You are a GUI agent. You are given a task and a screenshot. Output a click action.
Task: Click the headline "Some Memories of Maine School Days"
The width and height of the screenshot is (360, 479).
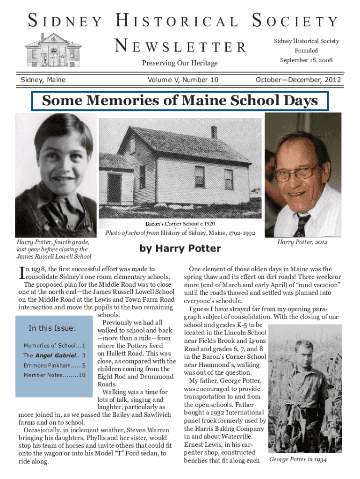click(x=180, y=101)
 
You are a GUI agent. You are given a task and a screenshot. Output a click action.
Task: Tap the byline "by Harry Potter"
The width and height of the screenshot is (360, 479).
click(x=180, y=248)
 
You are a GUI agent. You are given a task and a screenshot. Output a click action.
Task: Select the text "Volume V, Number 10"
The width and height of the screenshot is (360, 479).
click(x=183, y=80)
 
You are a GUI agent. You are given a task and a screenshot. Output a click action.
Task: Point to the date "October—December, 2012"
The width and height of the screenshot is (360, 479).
click(x=298, y=80)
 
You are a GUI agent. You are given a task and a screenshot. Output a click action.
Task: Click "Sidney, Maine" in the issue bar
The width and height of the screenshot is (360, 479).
click(x=43, y=80)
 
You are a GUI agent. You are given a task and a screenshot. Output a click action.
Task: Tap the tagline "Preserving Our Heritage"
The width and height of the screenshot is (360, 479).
click(x=180, y=63)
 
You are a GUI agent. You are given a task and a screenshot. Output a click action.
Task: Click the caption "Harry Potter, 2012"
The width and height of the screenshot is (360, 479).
click(x=302, y=242)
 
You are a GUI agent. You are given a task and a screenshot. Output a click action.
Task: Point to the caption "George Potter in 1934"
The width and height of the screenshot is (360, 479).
click(x=298, y=460)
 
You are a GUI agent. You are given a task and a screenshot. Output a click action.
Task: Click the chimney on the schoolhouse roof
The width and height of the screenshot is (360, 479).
click(x=214, y=132)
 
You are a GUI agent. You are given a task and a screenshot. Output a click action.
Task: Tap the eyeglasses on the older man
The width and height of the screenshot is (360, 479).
click(x=297, y=172)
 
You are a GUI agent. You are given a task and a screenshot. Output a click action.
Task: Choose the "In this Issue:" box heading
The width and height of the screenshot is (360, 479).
click(x=52, y=328)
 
